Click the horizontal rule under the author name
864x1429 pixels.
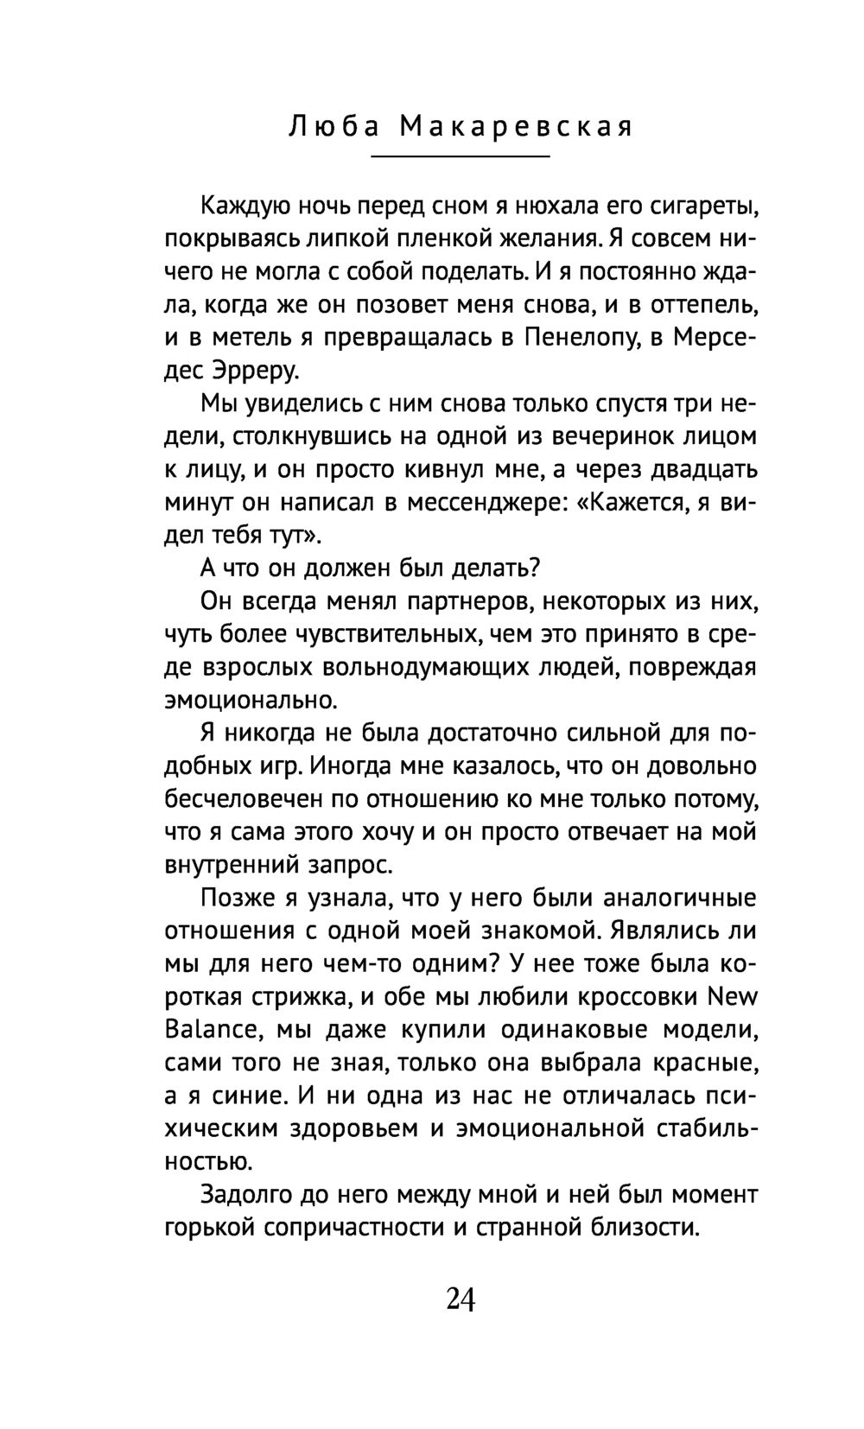pos(460,157)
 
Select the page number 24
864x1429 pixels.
pos(461,1299)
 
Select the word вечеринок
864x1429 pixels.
pos(612,436)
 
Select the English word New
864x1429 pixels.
pos(732,996)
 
